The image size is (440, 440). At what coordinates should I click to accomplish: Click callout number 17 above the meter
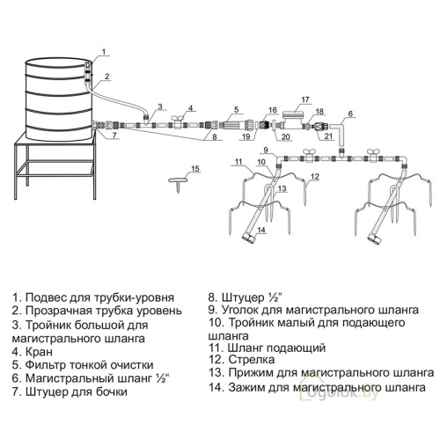pos(305,99)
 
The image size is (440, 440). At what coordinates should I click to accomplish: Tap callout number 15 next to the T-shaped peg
pos(195,169)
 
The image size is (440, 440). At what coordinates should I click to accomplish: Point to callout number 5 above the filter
pos(237,110)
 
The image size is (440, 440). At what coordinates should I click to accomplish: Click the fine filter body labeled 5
pos(233,126)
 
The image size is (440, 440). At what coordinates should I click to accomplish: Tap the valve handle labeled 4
pos(179,118)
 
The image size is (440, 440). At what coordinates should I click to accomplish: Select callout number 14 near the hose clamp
pos(261,230)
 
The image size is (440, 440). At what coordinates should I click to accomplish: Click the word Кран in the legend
pos(39,351)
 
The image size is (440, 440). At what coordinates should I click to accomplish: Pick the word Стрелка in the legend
pos(252,359)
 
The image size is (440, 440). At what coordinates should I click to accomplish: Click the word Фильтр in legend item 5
pos(46,365)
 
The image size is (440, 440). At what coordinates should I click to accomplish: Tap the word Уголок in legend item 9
pos(239,310)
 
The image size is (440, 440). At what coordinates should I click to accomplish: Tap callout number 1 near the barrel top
pos(104,52)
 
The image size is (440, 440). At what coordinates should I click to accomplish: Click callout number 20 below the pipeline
pos(285,136)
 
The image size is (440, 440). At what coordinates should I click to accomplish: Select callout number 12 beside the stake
pos(314,177)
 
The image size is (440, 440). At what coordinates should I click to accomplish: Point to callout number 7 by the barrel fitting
pos(114,136)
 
